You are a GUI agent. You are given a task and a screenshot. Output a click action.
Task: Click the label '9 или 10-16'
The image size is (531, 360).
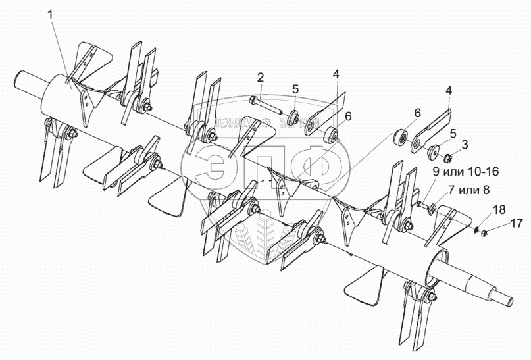466,172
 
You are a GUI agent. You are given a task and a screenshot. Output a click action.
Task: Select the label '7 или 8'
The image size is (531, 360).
468,190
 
